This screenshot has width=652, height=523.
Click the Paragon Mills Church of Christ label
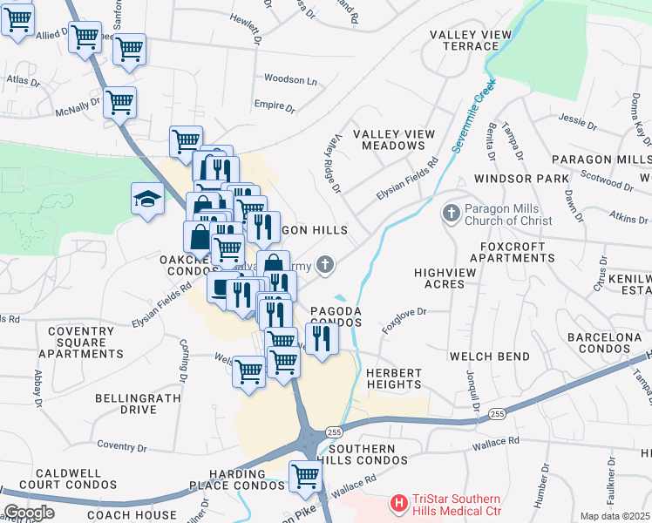(x=507, y=214)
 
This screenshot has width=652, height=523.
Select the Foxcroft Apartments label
(x=518, y=253)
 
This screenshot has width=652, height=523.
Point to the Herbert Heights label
(x=394, y=379)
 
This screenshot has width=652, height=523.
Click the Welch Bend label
(x=490, y=357)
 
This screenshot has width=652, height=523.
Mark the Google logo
(x=29, y=513)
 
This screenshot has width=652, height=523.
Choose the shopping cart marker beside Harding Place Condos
(x=305, y=476)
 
